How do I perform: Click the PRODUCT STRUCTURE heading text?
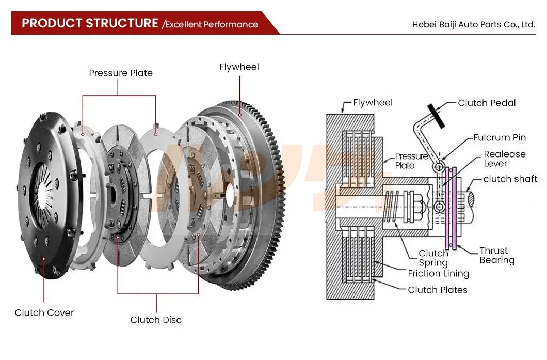(x=90, y=23)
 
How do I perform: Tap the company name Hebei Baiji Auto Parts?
(x=474, y=24)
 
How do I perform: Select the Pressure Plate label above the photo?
(x=121, y=73)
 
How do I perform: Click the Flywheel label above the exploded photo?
(x=239, y=67)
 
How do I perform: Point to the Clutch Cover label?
(x=44, y=312)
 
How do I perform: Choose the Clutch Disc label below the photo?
(x=156, y=320)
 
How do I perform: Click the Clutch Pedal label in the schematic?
(x=487, y=103)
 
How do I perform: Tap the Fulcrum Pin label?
(x=500, y=137)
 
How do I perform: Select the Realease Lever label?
(x=504, y=159)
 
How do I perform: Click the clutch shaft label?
(x=510, y=179)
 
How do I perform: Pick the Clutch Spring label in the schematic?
(x=433, y=258)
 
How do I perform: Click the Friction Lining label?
(x=438, y=274)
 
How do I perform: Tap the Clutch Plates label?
(x=438, y=290)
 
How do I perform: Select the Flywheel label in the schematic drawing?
(x=373, y=103)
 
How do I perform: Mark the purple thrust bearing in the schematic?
(x=448, y=207)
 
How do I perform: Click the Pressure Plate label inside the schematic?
(x=411, y=161)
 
